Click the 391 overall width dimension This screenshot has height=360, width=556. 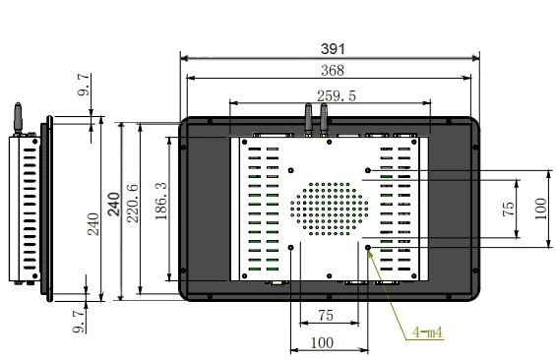333,49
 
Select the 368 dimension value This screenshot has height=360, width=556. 333,70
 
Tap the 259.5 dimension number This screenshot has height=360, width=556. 337,96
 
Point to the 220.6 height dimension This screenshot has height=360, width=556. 133,203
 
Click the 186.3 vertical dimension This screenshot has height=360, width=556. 161,201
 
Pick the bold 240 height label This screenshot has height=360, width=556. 114,204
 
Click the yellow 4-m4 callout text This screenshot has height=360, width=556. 427,332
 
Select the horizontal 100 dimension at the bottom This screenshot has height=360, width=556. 322,342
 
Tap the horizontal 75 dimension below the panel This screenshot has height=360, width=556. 326,316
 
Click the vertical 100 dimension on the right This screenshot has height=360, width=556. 540,209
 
